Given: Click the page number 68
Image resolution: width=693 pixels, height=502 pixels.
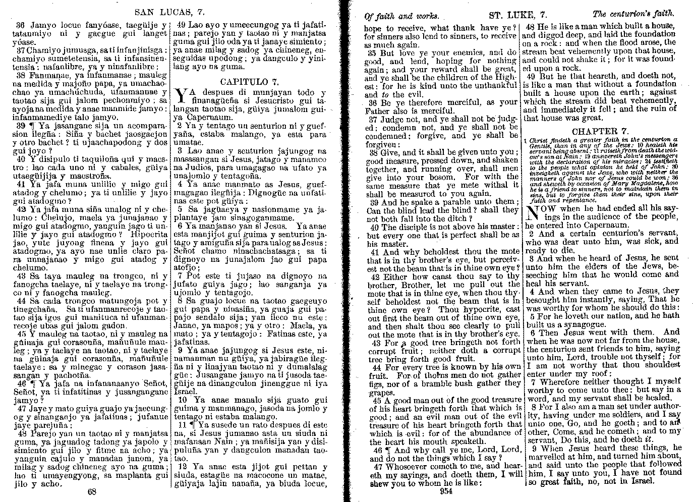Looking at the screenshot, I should [x=92, y=491].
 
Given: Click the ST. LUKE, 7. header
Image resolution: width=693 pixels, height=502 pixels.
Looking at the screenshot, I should [x=518, y=15].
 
